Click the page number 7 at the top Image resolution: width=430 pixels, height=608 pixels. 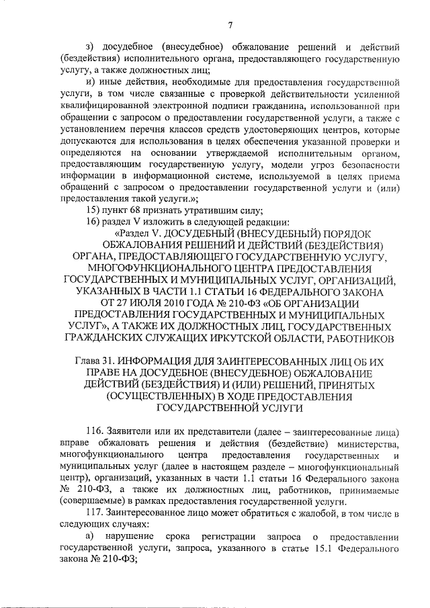tap(229, 26)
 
